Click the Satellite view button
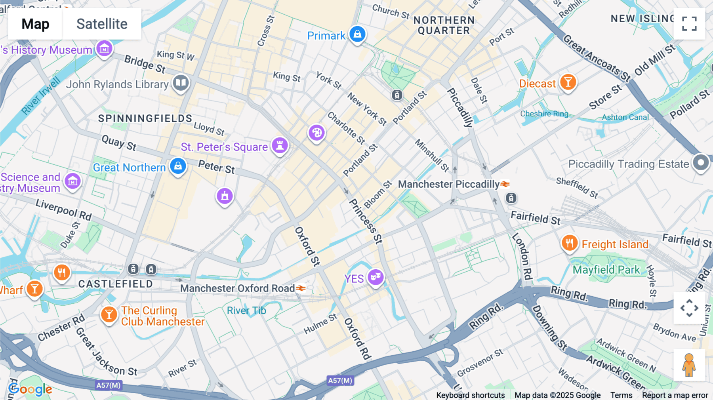[102, 24]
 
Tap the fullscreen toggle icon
[689, 24]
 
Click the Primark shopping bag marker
[357, 34]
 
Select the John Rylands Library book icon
[181, 83]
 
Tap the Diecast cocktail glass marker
[568, 82]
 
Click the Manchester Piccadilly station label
[449, 184]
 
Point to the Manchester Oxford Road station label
[238, 288]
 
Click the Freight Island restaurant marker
[569, 243]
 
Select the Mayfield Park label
[606, 270]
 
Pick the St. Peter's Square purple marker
[280, 145]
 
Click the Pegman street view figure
[689, 365]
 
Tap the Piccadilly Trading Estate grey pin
[701, 162]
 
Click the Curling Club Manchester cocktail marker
[109, 315]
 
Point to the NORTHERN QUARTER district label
[444, 25]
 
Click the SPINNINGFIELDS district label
[145, 118]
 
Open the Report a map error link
[675, 395]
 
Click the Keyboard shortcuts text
[470, 395]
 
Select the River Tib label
[246, 310]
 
